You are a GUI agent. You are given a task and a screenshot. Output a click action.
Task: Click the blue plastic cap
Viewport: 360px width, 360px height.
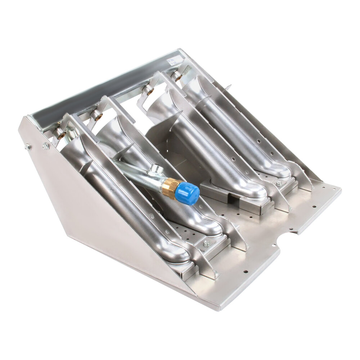[x=188, y=193]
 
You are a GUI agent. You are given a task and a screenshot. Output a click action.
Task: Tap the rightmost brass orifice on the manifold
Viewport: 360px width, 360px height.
[x=177, y=76]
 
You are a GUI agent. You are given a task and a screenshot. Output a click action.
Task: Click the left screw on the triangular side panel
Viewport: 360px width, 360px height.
[x=28, y=147]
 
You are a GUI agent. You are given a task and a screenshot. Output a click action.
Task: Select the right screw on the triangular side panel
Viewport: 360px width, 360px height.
[x=46, y=146]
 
